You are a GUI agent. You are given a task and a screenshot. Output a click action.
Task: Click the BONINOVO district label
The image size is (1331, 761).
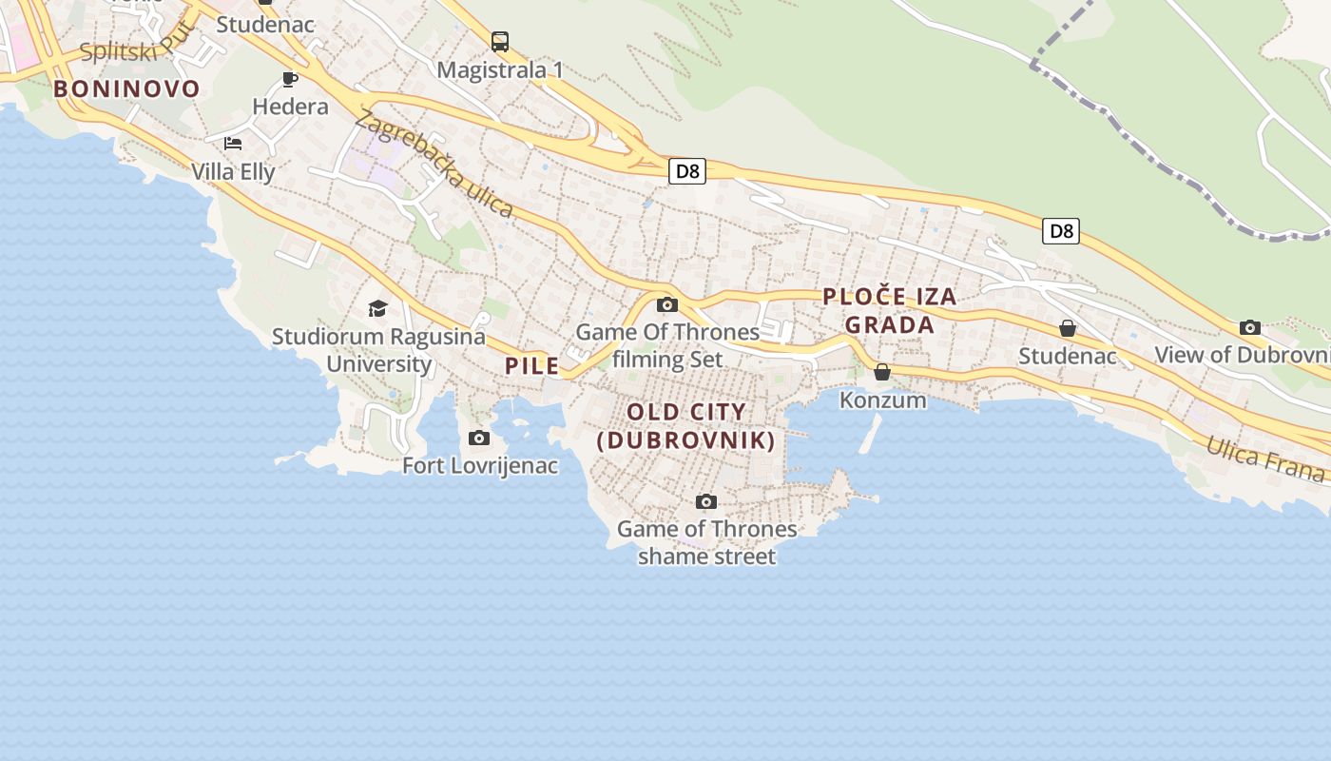(126, 89)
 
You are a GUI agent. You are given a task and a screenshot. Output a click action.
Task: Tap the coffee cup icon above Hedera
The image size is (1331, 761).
(290, 79)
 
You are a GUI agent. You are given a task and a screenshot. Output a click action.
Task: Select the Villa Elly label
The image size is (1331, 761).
(233, 172)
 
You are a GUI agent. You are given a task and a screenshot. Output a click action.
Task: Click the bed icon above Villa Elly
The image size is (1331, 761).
(233, 144)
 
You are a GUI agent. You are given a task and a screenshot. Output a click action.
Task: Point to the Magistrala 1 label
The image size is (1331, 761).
(500, 69)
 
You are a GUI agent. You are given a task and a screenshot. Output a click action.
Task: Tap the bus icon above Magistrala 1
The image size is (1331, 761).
(500, 42)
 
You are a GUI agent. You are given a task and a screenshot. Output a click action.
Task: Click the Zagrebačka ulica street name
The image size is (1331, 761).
(434, 164)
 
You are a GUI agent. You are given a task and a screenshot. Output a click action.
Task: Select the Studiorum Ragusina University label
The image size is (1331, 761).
(378, 350)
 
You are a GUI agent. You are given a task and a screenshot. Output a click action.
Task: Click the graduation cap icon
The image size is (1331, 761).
(378, 309)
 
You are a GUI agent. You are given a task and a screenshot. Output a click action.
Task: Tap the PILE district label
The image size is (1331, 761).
(532, 365)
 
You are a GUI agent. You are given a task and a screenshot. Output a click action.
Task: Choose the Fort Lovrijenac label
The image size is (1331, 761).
(480, 465)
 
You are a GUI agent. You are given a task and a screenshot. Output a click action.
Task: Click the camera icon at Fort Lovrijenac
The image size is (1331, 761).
(479, 438)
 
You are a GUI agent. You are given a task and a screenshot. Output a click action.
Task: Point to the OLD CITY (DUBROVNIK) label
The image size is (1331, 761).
(686, 426)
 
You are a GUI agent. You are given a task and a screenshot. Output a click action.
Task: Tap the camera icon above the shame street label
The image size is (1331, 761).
(706, 501)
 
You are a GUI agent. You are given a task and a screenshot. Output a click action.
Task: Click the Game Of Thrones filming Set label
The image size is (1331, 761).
(667, 345)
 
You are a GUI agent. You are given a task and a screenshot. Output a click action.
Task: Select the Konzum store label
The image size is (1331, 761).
(882, 400)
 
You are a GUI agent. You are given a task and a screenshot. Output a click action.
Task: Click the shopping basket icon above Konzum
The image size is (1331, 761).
(882, 372)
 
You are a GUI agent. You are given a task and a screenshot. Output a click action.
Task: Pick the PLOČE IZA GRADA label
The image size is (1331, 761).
(889, 310)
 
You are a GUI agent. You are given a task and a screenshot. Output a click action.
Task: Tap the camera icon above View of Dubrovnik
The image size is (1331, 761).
(1250, 328)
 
